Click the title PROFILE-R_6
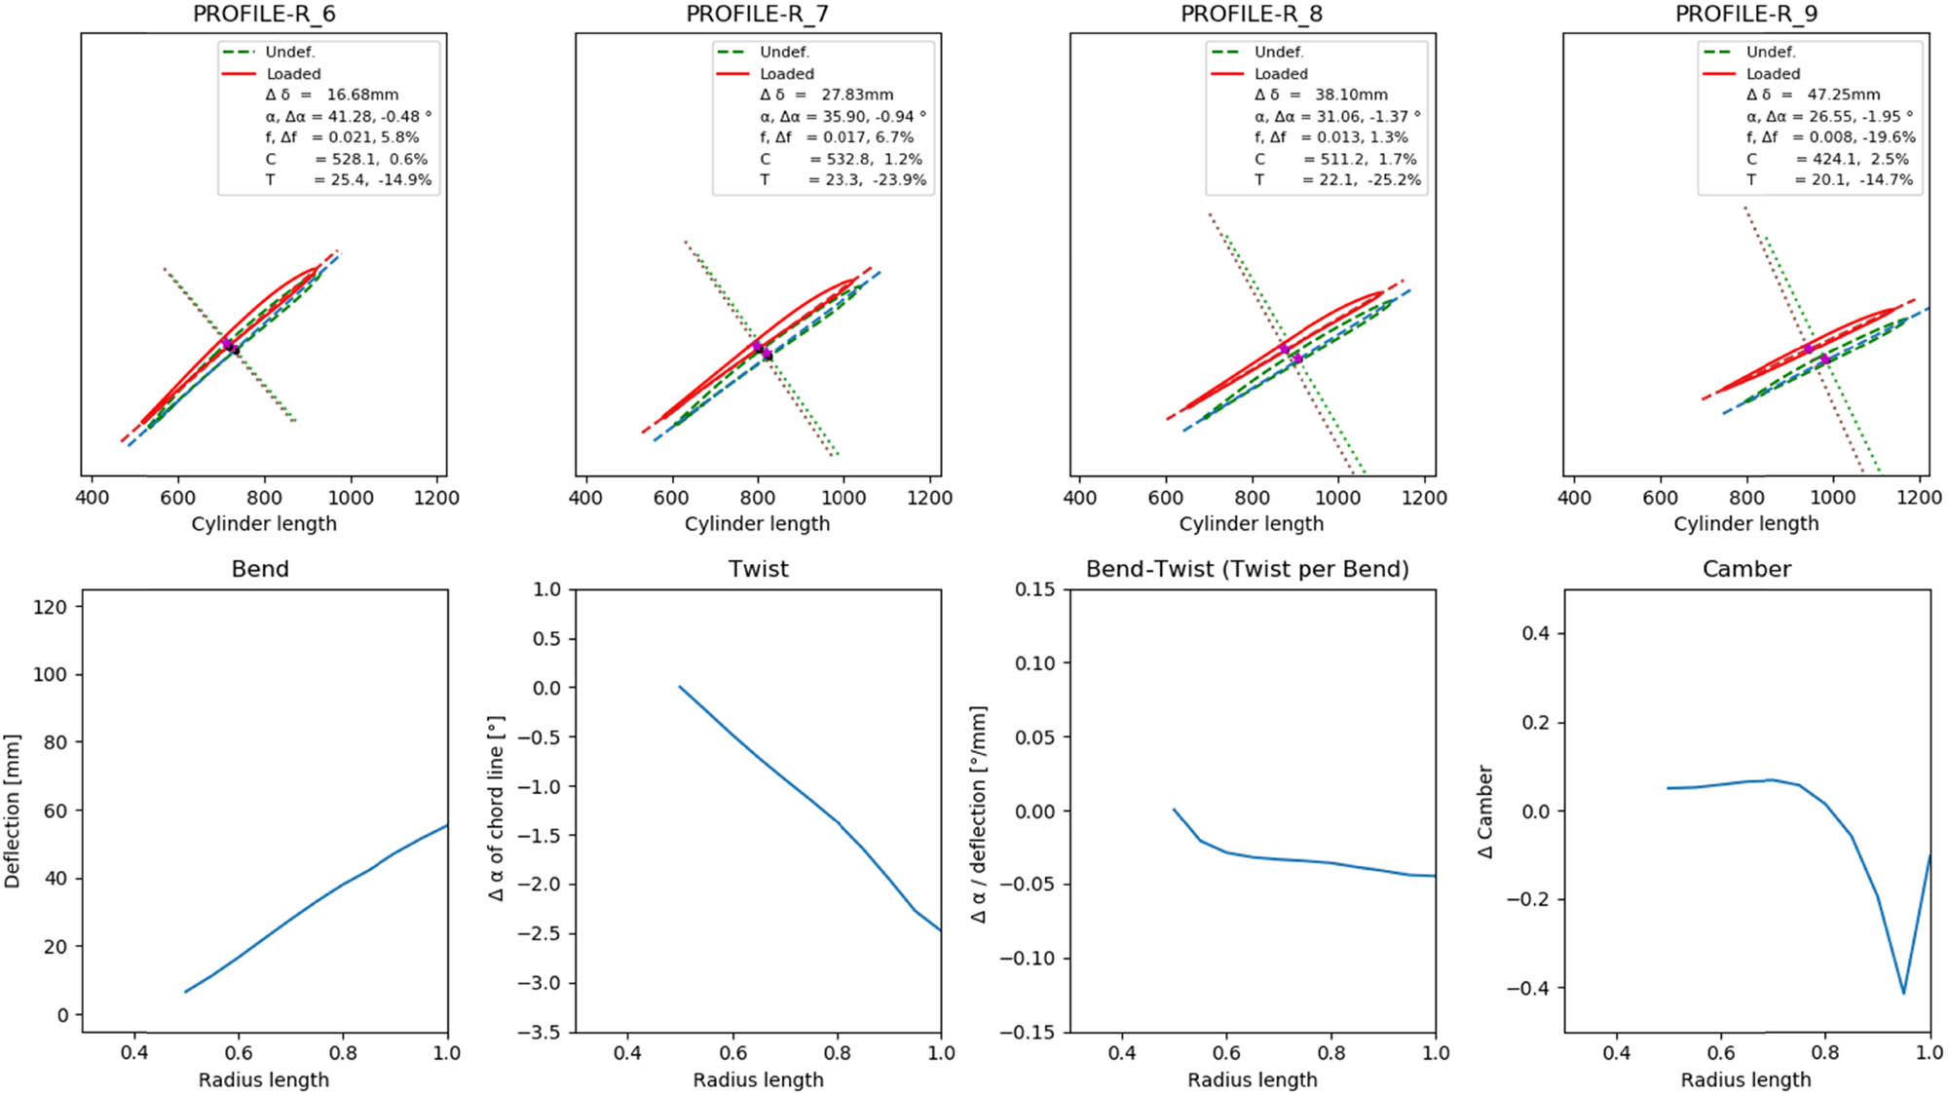pyautogui.click(x=263, y=14)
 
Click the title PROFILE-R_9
pyautogui.click(x=1745, y=14)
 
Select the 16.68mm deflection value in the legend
pyautogui.click(x=362, y=94)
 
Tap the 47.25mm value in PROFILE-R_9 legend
pyautogui.click(x=1844, y=94)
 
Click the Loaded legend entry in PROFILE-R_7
pyautogui.click(x=786, y=74)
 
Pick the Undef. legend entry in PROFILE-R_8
pyautogui.click(x=1278, y=52)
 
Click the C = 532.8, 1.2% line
pyautogui.click(x=842, y=159)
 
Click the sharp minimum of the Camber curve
pyautogui.click(x=1903, y=993)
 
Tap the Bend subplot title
pyautogui.click(x=260, y=569)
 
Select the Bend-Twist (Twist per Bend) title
pyautogui.click(x=1247, y=569)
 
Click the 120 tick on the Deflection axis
pyautogui.click(x=51, y=607)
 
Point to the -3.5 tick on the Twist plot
pyautogui.click(x=540, y=1032)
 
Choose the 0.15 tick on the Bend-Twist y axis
pyautogui.click(x=1034, y=589)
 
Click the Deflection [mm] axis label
pyautogui.click(x=12, y=812)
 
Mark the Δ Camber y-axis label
pyautogui.click(x=1484, y=812)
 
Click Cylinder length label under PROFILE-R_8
pyautogui.click(x=1251, y=524)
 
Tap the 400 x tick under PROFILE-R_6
pyautogui.click(x=92, y=498)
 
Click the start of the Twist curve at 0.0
pyautogui.click(x=680, y=687)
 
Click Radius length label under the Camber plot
pyautogui.click(x=1745, y=1079)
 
